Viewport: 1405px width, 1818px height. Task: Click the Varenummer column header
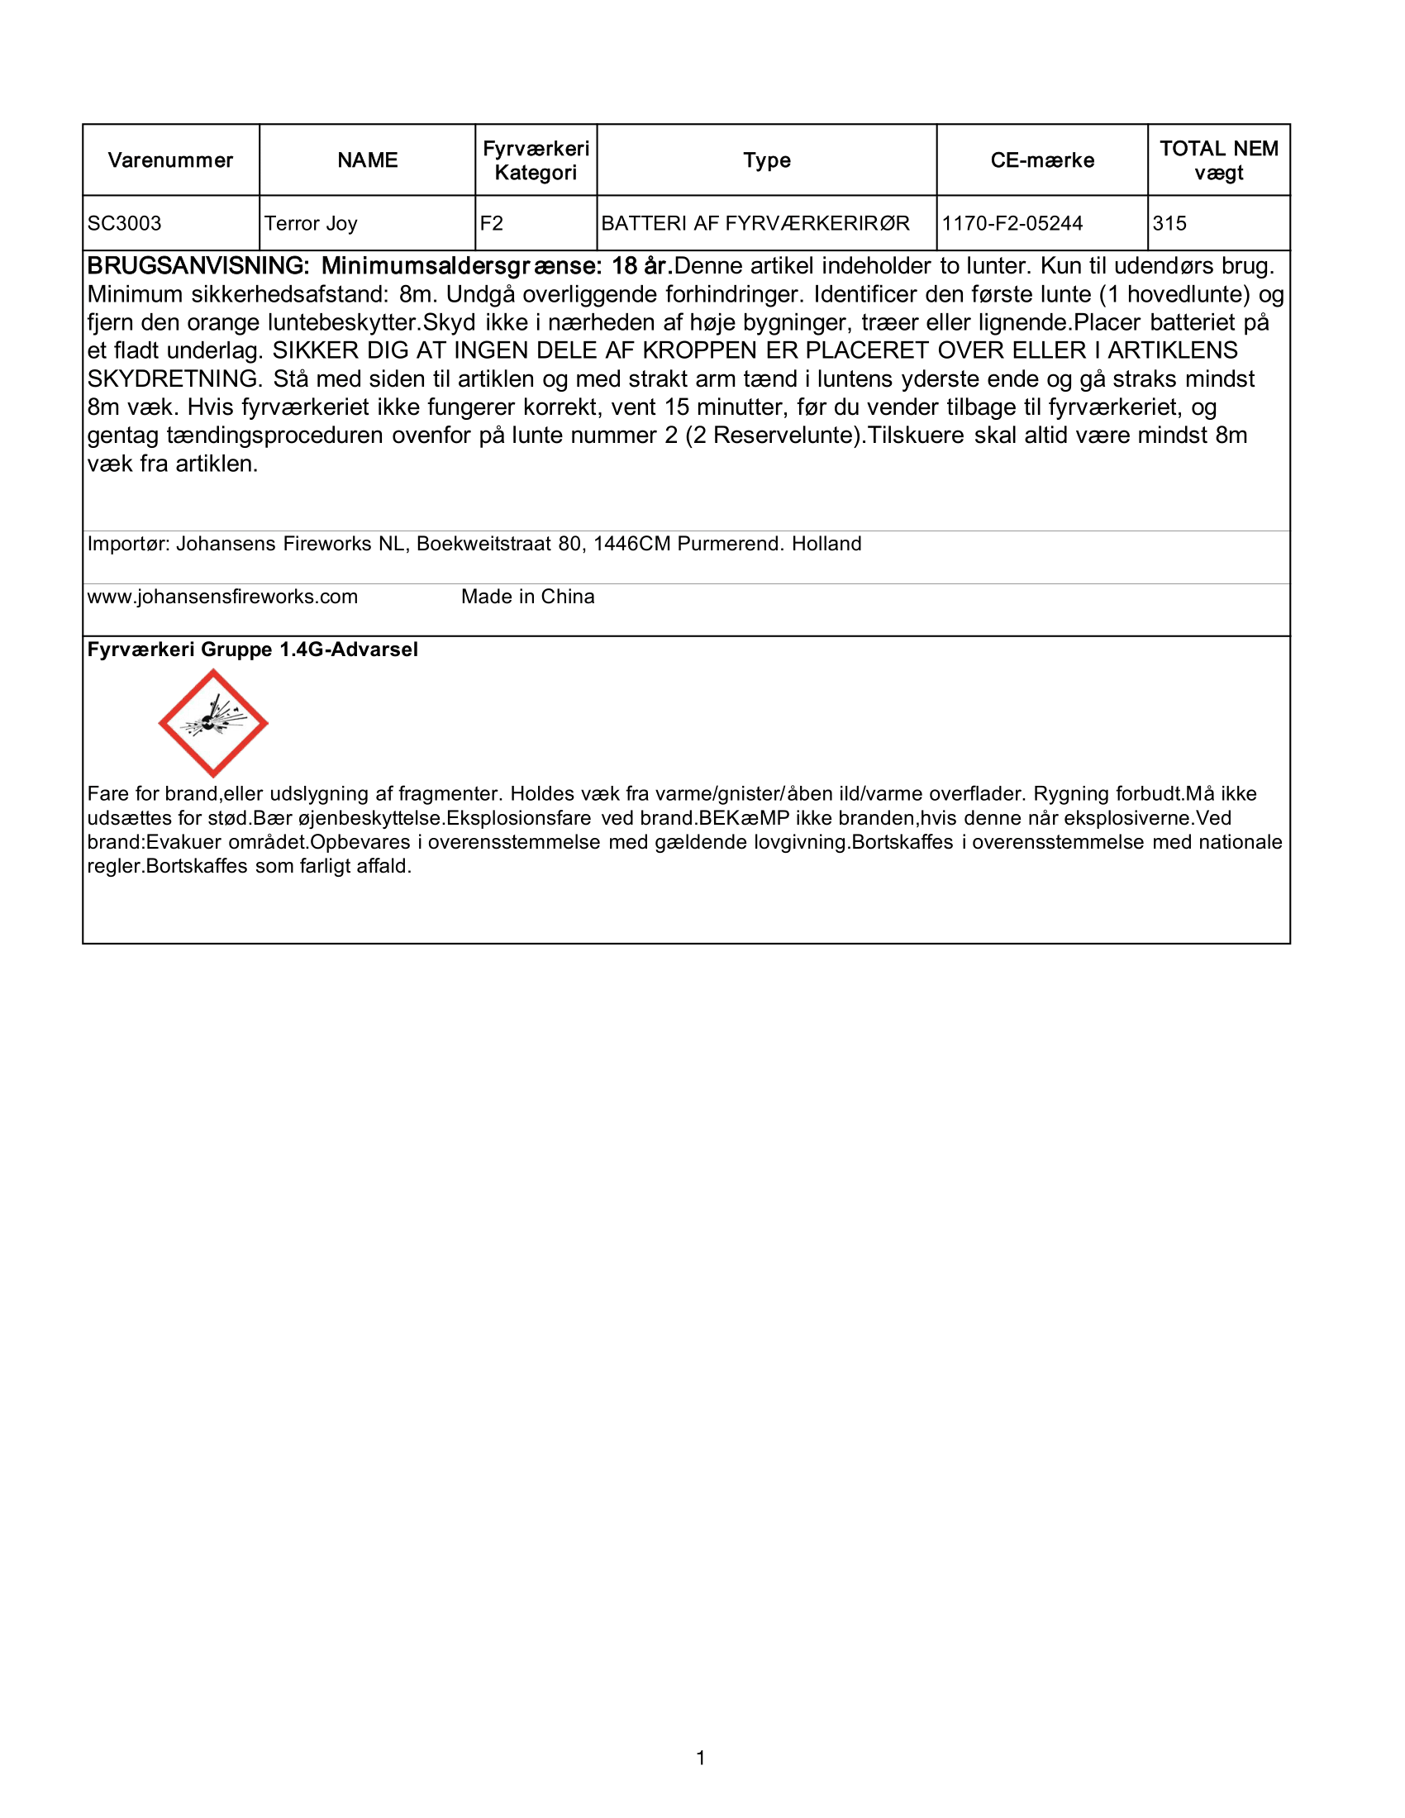[170, 160]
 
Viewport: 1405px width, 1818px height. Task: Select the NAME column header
[367, 160]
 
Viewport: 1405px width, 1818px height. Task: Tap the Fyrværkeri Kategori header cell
[536, 160]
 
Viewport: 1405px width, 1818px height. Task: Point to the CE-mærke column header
[1042, 160]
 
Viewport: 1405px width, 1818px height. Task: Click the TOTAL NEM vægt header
[1218, 160]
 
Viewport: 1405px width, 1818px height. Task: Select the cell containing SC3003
[125, 223]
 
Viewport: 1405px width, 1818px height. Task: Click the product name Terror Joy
[312, 223]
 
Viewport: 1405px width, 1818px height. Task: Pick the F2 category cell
[492, 223]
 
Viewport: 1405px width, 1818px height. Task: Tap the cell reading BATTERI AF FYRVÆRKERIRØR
[755, 223]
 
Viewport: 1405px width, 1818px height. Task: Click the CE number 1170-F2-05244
[1012, 223]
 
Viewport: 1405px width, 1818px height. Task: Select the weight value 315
[1169, 223]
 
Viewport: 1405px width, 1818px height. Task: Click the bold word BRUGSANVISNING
[198, 266]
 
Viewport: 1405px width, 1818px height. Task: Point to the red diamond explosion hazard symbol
[213, 723]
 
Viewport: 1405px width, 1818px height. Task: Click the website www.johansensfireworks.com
[222, 597]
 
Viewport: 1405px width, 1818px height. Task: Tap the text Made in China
[528, 597]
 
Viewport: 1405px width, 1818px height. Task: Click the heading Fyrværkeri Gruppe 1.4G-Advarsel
[252, 650]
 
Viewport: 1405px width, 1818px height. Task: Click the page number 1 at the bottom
[701, 1758]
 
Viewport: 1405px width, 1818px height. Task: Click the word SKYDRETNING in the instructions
[174, 379]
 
